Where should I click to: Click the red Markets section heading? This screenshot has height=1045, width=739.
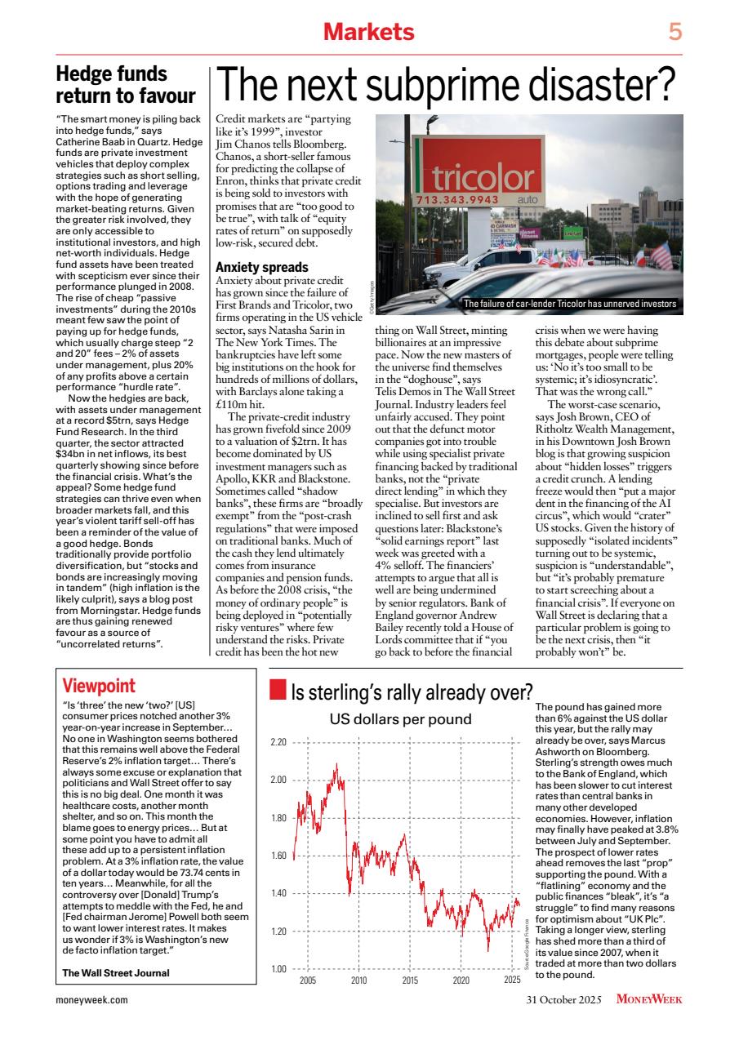368,32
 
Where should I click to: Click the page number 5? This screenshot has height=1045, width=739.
674,32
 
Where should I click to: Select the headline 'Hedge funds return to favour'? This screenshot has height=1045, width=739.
125,86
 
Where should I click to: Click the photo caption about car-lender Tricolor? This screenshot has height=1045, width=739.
569,304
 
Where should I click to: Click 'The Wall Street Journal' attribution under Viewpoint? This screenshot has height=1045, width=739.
116,972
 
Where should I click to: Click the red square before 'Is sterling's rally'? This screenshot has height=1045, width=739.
278,693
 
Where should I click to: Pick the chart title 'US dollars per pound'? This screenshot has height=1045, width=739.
400,719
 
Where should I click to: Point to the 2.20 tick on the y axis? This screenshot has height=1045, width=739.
278,742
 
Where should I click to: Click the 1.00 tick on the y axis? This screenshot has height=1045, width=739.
278,969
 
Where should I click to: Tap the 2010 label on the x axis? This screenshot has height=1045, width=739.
358,979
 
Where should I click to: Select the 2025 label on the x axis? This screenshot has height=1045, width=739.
512,979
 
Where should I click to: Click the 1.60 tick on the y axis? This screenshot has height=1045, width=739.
278,856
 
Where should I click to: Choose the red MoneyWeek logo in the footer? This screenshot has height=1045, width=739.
649,999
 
